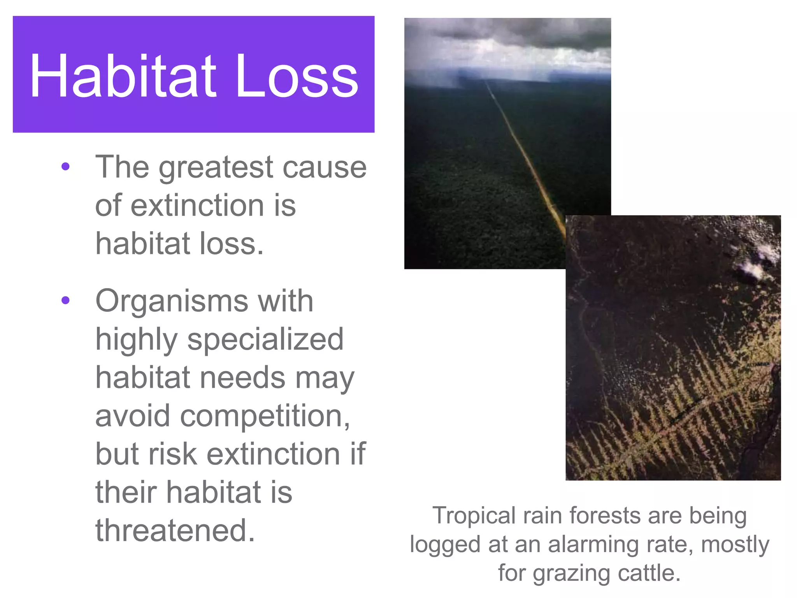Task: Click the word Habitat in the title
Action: click(x=123, y=76)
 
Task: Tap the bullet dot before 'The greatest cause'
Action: click(x=65, y=167)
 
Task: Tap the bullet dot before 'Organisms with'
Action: click(x=65, y=300)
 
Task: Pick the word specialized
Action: click(x=265, y=339)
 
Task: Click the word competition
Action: click(x=261, y=416)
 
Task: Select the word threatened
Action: click(x=175, y=530)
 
